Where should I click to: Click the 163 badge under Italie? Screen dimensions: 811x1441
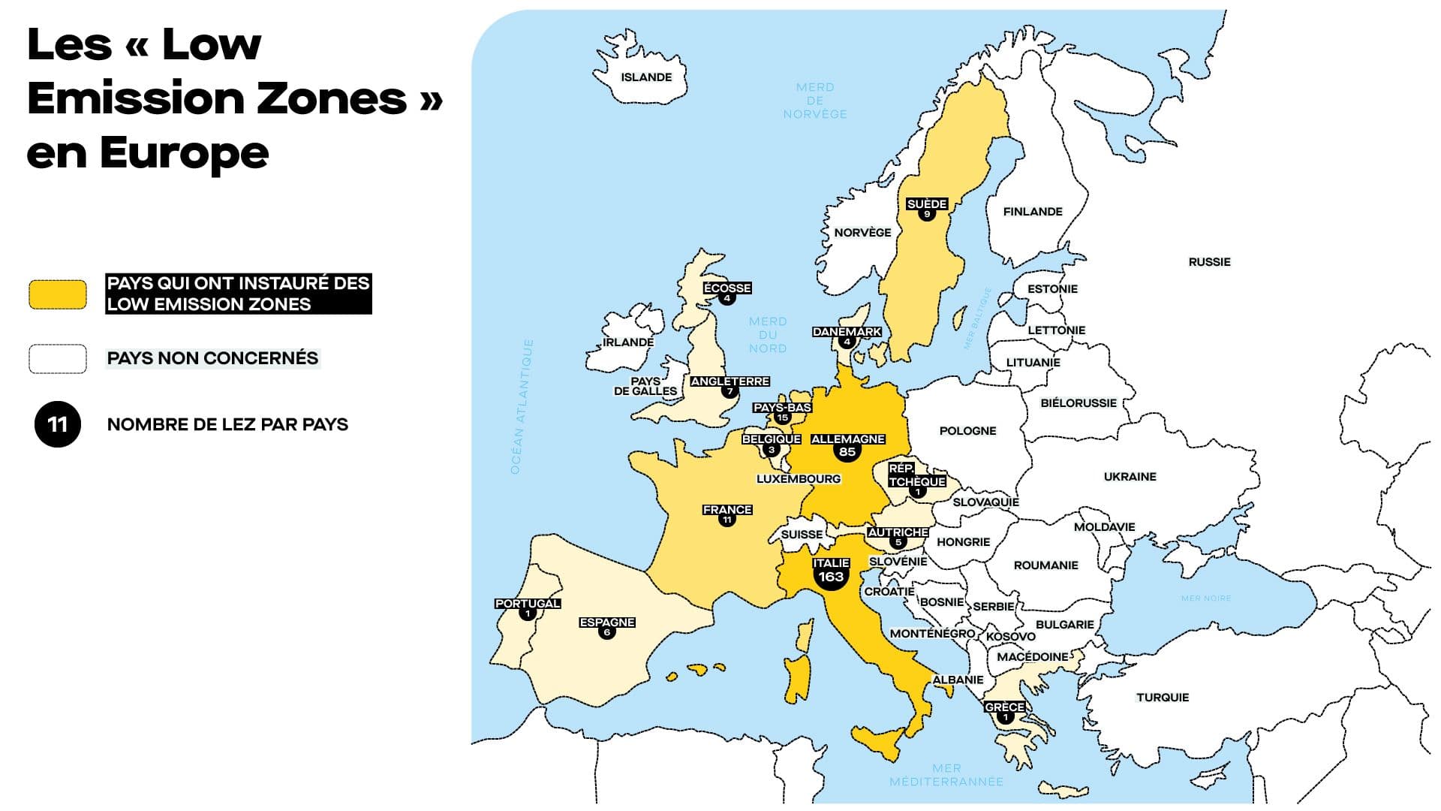(x=831, y=577)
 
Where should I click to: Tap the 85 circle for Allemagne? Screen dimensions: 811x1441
(x=847, y=451)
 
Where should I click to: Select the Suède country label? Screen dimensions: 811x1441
(x=927, y=204)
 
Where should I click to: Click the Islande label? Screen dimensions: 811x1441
(x=646, y=77)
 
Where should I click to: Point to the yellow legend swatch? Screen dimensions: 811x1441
(x=58, y=294)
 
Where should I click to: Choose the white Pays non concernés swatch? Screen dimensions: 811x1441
(x=58, y=359)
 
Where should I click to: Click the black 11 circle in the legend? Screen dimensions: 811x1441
(x=58, y=424)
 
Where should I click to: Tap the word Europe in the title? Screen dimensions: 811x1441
(x=184, y=152)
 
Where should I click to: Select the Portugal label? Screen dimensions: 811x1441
(x=528, y=603)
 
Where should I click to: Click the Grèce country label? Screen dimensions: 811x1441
(x=1004, y=707)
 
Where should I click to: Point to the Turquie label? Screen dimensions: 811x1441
(x=1163, y=697)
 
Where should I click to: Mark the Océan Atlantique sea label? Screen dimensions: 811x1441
(x=522, y=406)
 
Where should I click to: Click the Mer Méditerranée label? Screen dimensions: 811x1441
(x=946, y=775)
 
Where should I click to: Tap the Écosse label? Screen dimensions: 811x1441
(x=727, y=288)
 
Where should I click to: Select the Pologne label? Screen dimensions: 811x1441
(x=967, y=430)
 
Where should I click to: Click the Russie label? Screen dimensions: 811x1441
(x=1209, y=261)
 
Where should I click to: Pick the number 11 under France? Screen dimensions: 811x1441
(x=727, y=520)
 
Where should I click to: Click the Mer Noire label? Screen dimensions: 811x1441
(x=1205, y=598)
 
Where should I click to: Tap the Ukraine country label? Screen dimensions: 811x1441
(x=1130, y=476)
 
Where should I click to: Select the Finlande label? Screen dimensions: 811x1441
(x=1033, y=212)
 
